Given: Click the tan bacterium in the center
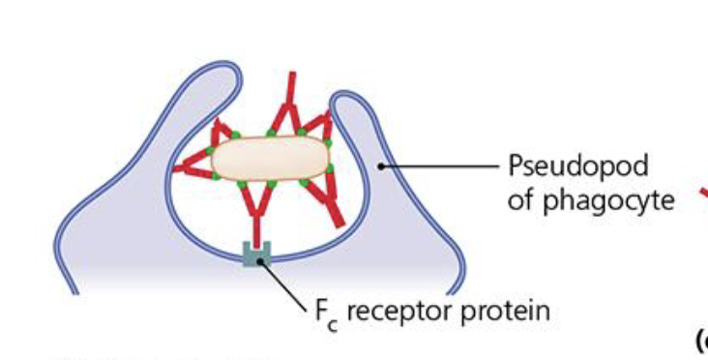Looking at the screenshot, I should pos(271,158).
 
